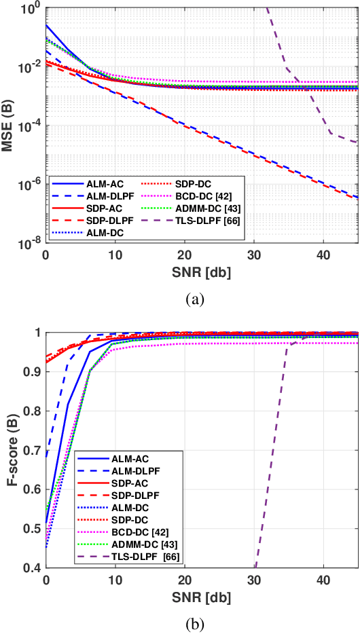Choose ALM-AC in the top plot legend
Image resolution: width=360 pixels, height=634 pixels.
coord(105,182)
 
